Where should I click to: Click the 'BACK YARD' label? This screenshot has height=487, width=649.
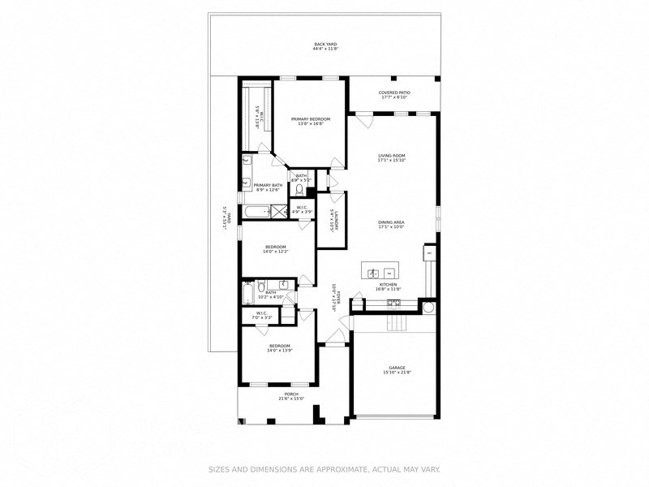pos(324,46)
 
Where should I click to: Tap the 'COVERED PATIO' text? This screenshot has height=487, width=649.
pos(394,95)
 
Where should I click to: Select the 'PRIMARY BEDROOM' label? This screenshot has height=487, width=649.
pos(310,121)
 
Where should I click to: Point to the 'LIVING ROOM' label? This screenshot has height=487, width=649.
pos(391,157)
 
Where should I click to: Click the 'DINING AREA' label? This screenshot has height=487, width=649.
pos(391,224)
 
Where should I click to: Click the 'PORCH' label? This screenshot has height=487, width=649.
pos(290,396)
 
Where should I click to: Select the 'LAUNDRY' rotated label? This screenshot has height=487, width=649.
pos(332,220)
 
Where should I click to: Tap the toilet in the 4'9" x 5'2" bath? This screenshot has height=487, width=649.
pos(299,191)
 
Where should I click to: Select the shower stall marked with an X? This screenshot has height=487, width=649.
pos(279,212)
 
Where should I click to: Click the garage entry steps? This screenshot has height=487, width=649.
pos(395,324)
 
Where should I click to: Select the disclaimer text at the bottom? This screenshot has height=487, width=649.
pos(324,468)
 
